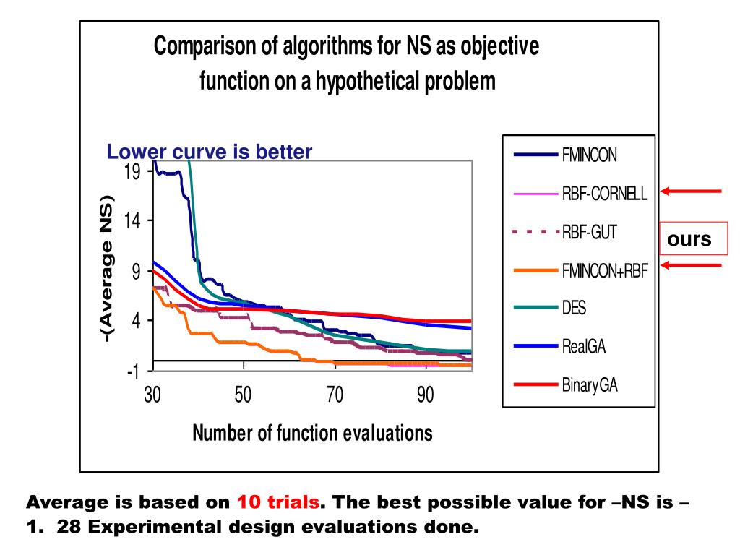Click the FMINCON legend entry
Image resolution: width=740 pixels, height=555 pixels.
coord(590,154)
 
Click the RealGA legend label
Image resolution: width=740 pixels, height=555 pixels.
coord(583,347)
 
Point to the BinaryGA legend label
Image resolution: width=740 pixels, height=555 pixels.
coord(590,385)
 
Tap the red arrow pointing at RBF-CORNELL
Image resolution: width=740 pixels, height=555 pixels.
coord(692,191)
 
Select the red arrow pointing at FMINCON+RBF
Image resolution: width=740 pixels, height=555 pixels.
coord(692,265)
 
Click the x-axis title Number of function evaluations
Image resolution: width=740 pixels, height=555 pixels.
coord(312,433)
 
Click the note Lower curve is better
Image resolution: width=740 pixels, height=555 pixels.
coord(210,152)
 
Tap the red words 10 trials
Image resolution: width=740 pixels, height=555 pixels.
coord(278,502)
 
